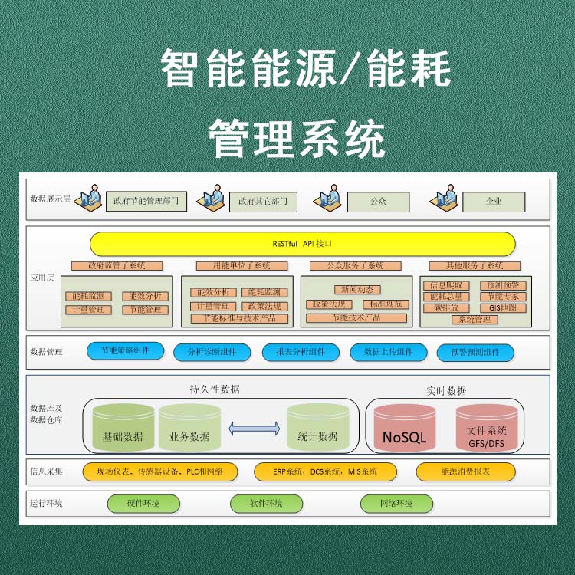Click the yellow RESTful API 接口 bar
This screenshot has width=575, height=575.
coord(302,244)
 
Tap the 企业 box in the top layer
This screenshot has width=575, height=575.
coord(494,202)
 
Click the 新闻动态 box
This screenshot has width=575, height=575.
coord(353,290)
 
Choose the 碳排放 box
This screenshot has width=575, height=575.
coord(445,308)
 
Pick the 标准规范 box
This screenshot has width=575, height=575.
coord(381,304)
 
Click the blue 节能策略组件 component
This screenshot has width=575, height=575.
coord(125,350)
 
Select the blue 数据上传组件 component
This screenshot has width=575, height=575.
coord(388,352)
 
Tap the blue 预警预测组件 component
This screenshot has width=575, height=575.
coord(475,353)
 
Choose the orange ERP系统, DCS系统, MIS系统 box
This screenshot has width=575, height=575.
coord(326,472)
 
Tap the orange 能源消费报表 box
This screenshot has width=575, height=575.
coord(465,472)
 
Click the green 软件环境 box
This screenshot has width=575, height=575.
coord(265,504)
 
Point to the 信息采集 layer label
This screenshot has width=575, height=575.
coord(46,472)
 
